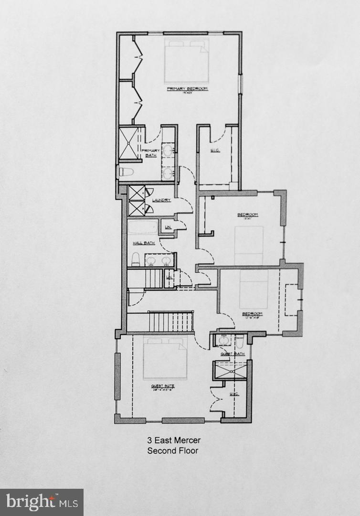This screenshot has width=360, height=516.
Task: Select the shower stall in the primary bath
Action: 128,141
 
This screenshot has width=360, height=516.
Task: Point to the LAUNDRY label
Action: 161,200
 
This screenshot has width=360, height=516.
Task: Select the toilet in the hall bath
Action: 135,259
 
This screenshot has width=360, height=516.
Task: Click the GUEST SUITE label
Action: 163,386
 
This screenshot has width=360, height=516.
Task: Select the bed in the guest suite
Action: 165,358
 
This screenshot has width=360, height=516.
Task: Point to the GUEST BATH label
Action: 233,354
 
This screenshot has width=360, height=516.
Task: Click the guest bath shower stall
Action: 230,370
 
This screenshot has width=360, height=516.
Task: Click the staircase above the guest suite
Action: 170,321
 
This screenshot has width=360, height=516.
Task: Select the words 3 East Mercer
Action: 172,440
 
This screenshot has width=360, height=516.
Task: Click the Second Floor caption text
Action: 172,451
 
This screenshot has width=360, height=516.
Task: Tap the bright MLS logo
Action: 42,502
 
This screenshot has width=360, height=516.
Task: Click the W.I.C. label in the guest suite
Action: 233,395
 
